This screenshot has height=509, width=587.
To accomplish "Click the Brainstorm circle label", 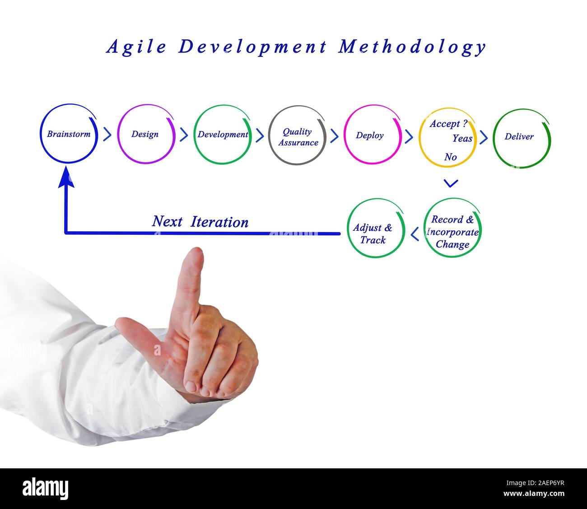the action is tap(69, 134).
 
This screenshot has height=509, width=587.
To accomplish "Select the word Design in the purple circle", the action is tap(145, 134).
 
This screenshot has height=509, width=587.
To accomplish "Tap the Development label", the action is tap(223, 134).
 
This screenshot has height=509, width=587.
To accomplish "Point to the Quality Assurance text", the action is tap(298, 137).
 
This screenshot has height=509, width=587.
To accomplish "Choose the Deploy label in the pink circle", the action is tap(370, 135).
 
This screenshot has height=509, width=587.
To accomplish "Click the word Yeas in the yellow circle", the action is tap(462, 138).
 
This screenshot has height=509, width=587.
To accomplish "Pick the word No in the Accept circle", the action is tap(451, 157).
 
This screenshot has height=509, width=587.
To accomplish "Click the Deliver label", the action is tap(519, 137).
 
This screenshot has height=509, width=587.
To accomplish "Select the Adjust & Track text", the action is tap(373, 234).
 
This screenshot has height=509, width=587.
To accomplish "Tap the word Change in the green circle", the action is tap(453, 244).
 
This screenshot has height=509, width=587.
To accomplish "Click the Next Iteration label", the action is tap(200, 222).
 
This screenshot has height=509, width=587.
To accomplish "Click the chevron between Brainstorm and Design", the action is tap(107, 134).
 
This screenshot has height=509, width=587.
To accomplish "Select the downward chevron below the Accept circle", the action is tap(451, 183).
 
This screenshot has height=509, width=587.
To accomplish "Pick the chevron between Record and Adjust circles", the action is tap(415, 234).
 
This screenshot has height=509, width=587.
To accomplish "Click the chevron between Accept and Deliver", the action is tap(484, 137).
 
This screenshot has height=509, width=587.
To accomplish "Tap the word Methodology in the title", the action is tap(412, 47).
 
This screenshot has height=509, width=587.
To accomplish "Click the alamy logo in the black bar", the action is tap(46, 488).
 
